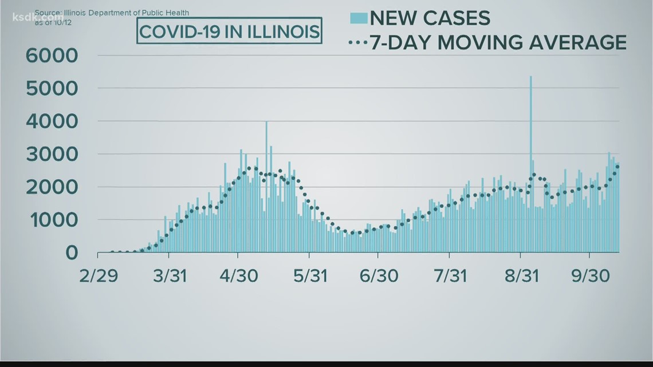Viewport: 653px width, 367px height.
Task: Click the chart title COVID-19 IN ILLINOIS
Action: [x=229, y=31]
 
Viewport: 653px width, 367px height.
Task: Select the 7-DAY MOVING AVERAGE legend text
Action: [x=498, y=42]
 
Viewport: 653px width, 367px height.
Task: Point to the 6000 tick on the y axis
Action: [x=52, y=56]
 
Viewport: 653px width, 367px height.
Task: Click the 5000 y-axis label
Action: [x=52, y=89]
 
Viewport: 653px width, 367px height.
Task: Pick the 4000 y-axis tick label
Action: [x=52, y=121]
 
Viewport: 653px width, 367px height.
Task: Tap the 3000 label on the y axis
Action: [x=52, y=155]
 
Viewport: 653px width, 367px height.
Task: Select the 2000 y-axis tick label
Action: [x=52, y=187]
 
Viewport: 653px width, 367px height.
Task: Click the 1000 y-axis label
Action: [x=52, y=220]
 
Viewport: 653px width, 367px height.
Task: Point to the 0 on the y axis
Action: [x=71, y=252]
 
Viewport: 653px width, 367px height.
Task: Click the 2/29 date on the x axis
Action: [x=100, y=276]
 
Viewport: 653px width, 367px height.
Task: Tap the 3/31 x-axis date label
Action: [x=170, y=276]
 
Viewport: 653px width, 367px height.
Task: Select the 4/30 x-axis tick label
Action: [x=238, y=276]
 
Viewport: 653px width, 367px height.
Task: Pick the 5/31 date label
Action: [x=310, y=276]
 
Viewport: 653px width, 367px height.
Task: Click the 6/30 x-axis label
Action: [x=379, y=276]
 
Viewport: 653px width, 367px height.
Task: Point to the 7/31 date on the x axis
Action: [x=450, y=276]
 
